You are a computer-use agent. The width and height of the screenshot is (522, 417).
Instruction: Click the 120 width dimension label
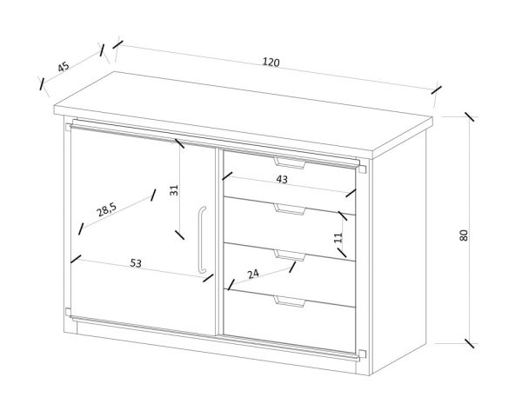click(x=271, y=63)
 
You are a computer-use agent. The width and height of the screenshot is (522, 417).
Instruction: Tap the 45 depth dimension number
click(x=64, y=67)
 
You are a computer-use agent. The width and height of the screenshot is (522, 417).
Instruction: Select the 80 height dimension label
click(x=464, y=235)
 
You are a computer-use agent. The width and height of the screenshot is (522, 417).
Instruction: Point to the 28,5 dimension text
click(x=106, y=209)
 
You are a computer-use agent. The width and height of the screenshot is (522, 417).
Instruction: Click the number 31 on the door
click(x=175, y=190)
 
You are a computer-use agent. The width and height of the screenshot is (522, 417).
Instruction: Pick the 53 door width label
click(x=136, y=263)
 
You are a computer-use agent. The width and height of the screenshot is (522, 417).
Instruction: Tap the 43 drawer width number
click(x=282, y=180)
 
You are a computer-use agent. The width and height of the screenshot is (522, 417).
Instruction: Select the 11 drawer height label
click(x=338, y=237)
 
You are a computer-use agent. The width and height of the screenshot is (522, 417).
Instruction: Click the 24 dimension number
click(x=253, y=274)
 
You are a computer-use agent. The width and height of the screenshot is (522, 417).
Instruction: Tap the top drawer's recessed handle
click(x=290, y=163)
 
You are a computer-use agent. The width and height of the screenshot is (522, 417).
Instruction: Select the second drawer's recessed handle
click(x=290, y=209)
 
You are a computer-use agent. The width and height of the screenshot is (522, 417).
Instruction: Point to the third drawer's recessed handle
click(x=290, y=255)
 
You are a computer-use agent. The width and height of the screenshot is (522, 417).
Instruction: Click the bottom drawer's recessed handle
click(x=290, y=301)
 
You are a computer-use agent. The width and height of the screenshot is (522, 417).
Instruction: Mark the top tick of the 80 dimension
click(x=470, y=116)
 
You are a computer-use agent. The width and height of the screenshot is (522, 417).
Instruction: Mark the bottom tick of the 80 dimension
click(x=470, y=343)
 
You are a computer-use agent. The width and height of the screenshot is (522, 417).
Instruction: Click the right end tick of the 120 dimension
click(x=436, y=89)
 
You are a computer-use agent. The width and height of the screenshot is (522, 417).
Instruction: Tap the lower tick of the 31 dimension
click(x=179, y=234)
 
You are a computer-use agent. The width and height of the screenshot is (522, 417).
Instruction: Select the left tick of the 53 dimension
click(x=76, y=259)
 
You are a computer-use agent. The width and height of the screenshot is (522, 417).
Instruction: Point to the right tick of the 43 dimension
click(x=351, y=193)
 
